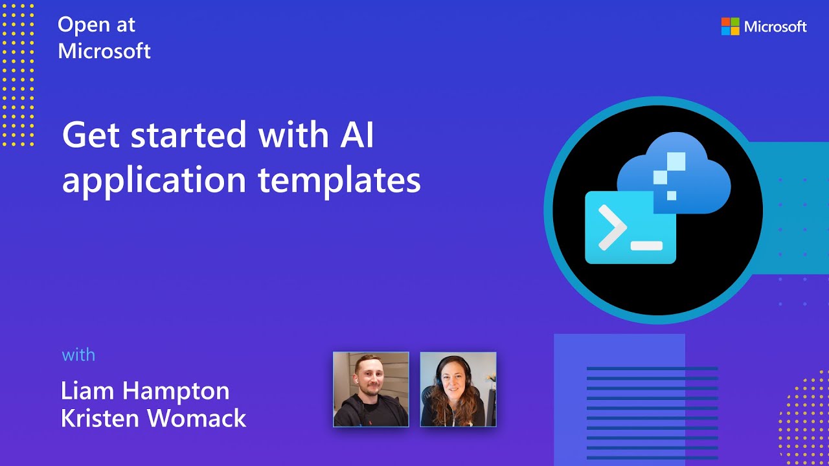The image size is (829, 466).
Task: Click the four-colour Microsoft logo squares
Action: (730, 27)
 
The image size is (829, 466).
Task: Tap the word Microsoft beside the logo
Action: (775, 27)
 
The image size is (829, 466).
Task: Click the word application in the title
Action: (154, 181)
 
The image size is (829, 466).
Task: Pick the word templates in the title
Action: (339, 180)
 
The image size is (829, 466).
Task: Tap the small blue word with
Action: (78, 355)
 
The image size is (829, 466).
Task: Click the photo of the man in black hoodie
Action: (371, 389)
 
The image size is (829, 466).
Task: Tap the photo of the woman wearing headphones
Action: (458, 389)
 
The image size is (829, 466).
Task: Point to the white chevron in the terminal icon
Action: (612, 227)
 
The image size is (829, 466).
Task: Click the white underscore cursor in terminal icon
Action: (646, 246)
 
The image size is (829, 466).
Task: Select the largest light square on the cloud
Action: (676, 161)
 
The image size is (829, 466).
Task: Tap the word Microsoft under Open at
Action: (104, 51)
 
